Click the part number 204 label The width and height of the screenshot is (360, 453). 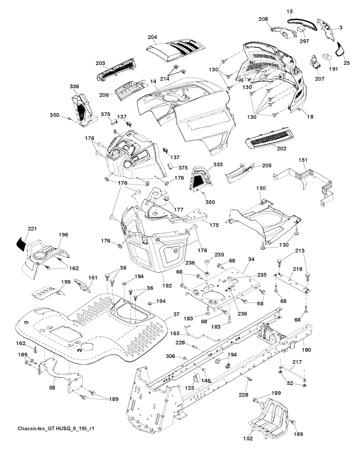(152, 37)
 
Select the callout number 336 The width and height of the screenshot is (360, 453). (74, 87)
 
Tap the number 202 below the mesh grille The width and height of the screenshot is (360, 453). (282, 148)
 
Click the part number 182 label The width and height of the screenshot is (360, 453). (167, 286)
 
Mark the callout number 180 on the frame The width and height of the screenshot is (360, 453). (307, 350)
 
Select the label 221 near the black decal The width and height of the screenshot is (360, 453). (32, 229)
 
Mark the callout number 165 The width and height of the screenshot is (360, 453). (175, 333)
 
